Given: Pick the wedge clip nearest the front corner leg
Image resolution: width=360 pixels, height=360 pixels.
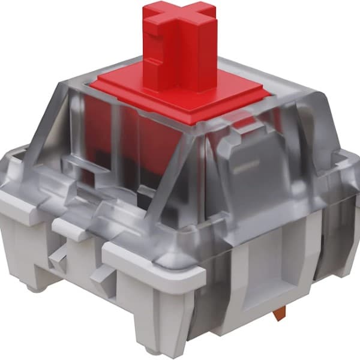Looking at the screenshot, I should coord(99,275).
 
